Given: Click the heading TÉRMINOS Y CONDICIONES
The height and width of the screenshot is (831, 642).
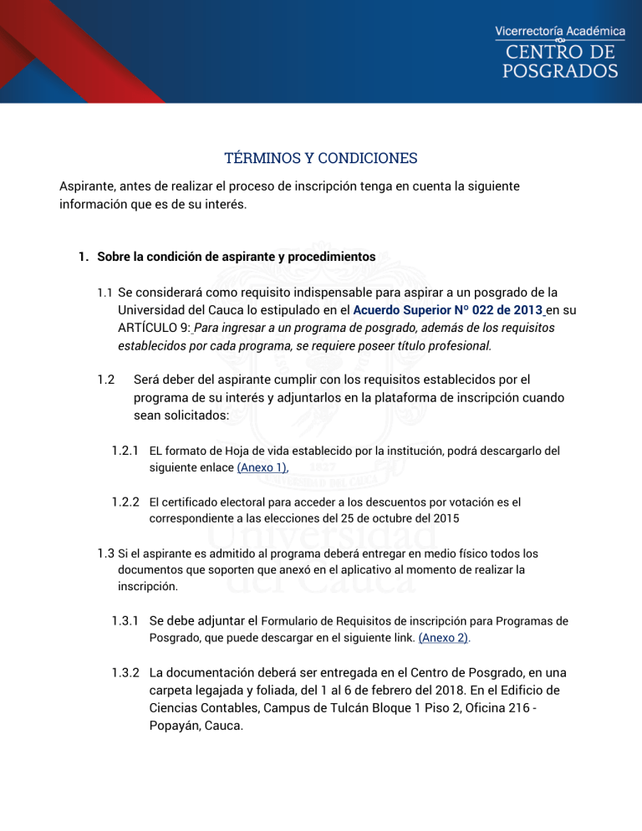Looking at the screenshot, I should tap(321, 158).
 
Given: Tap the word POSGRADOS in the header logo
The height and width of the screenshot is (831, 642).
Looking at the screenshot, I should tap(560, 71).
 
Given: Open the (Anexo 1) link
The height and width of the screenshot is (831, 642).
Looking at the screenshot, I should tap(262, 467).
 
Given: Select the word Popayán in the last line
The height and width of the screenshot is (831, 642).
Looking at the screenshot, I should tap(176, 724).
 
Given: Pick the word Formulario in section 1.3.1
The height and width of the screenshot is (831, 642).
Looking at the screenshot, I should tap(297, 621).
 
